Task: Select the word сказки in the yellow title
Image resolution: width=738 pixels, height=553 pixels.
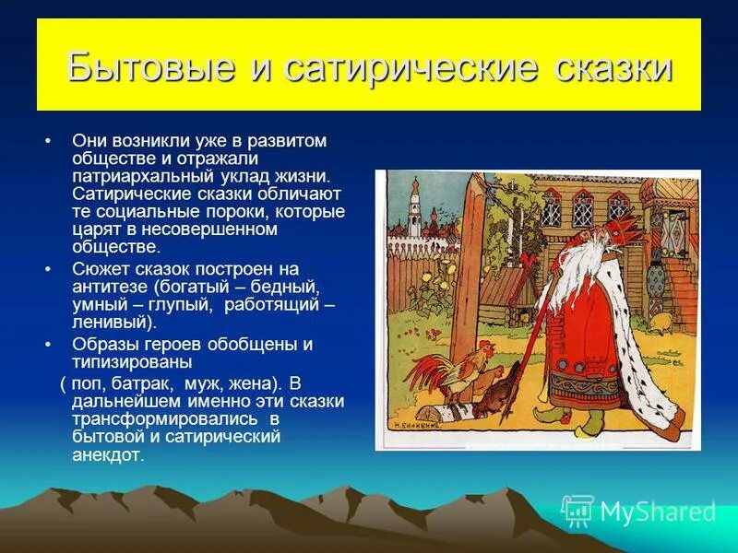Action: point(613,68)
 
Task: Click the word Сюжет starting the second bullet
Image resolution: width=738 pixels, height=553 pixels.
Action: point(99,269)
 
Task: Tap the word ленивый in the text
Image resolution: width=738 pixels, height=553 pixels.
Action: point(112,322)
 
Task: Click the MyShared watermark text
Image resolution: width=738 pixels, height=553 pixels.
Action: point(657,511)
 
